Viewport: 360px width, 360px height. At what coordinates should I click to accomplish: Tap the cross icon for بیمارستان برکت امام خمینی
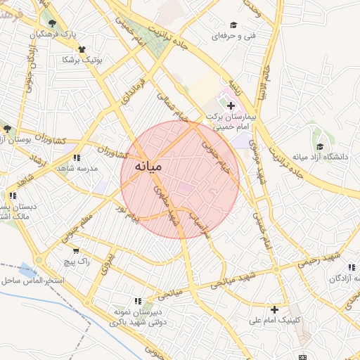pyautogui.click(x=231, y=105)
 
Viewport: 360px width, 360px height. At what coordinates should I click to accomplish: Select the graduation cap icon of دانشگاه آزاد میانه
pyautogui.click(x=320, y=146)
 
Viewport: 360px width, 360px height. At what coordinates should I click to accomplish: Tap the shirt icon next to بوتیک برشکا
pyautogui.click(x=82, y=49)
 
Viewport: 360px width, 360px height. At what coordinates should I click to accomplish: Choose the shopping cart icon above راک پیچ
pyautogui.click(x=76, y=250)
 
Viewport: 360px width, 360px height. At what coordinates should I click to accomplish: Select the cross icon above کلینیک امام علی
pyautogui.click(x=274, y=309)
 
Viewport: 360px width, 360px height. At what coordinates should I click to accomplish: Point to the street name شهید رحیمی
pyautogui.click(x=315, y=262)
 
